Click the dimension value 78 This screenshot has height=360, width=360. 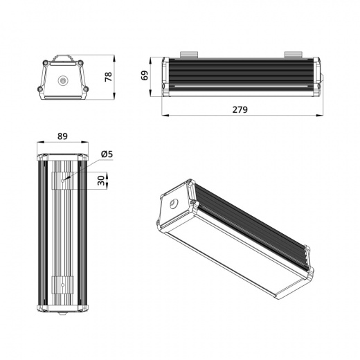[107, 76]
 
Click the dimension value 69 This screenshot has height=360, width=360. [144, 75]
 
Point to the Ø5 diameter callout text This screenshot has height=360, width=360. [107, 154]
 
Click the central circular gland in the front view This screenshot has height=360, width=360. [64, 80]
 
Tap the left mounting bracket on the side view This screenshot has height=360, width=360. [190, 54]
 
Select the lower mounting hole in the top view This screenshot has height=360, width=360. [62, 284]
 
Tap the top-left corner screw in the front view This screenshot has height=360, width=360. [46, 64]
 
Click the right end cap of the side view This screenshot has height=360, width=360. [319, 76]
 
